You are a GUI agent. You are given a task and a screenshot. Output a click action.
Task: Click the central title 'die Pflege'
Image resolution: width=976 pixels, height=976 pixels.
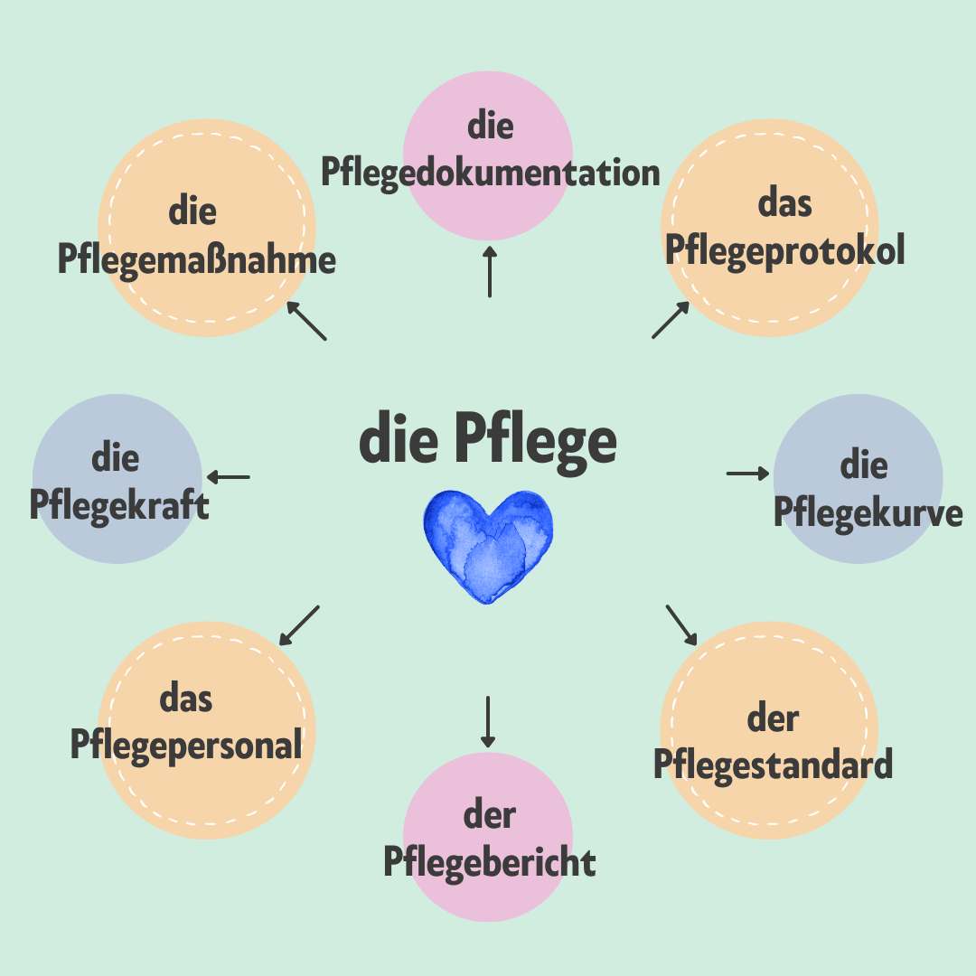[488, 441]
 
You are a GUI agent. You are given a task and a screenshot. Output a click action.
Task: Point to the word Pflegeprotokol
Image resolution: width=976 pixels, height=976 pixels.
[785, 251]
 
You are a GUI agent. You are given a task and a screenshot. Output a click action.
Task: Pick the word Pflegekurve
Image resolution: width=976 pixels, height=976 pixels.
[868, 514]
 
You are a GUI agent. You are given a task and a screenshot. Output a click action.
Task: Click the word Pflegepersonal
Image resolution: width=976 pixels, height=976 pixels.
[186, 746]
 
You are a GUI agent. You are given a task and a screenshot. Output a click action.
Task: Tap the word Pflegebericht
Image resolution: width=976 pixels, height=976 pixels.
[490, 863]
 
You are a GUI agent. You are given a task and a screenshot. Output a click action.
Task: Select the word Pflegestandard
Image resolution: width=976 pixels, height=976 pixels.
[773, 765]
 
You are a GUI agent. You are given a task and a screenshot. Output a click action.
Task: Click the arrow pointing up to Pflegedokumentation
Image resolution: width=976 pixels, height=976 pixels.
[490, 271]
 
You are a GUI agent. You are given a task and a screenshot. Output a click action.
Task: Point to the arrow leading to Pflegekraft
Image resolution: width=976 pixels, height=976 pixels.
[229, 477]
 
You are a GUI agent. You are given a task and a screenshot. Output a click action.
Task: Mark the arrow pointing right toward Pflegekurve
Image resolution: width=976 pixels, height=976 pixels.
[747, 474]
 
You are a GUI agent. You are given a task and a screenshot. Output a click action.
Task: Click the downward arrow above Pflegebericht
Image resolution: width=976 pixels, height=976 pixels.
[488, 722]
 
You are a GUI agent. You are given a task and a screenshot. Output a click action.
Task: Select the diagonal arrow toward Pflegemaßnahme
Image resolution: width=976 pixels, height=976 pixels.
[306, 321]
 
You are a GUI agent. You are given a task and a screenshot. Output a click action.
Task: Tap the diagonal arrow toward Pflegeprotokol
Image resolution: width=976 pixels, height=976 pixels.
[671, 320]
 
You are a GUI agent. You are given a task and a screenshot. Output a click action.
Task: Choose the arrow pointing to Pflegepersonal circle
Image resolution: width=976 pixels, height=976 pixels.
[299, 625]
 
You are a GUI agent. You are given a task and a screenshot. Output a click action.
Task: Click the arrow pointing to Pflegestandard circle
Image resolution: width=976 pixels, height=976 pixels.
[681, 625]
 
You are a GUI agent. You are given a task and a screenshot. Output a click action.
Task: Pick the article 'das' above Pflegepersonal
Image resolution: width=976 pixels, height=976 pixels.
[186, 699]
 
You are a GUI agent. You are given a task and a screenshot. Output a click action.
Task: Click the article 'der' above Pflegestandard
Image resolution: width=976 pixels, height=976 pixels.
[773, 719]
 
